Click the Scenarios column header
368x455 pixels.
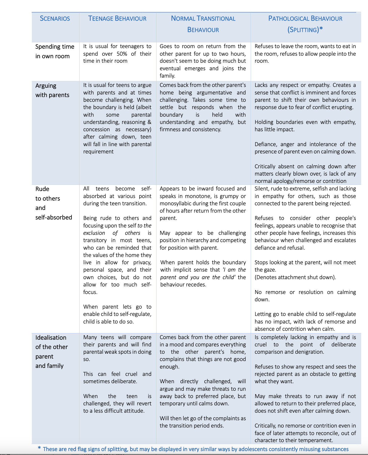coord(55,19)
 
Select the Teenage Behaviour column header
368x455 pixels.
coord(117,19)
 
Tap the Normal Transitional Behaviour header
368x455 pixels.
coord(203,24)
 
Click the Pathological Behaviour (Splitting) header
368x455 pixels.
coord(305,24)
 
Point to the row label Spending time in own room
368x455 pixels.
coord(55,51)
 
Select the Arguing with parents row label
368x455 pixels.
coord(52,90)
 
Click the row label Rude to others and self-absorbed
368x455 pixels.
coord(53,203)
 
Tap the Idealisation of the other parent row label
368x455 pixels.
coord(51,351)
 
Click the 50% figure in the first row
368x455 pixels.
coord(122,54)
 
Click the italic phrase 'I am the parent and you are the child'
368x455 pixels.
coord(203,274)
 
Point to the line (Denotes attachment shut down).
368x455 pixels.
coord(295,277)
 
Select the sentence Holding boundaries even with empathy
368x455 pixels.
coord(305,126)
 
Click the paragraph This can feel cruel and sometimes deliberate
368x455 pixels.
coord(117,378)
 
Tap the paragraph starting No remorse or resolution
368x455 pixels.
coord(305,296)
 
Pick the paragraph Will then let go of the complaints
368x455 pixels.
coord(203,422)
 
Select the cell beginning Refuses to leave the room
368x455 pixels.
coord(305,54)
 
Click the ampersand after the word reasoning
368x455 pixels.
coord(150,122)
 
